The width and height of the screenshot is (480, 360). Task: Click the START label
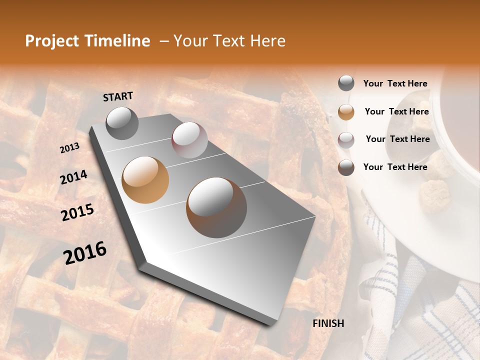pyautogui.click(x=118, y=96)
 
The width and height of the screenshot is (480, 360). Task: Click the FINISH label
pyautogui.click(x=328, y=323)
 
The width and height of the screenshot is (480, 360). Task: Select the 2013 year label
pyautogui.click(x=69, y=147)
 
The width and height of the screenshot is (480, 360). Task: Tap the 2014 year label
pyautogui.click(x=73, y=177)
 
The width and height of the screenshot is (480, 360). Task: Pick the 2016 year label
pyautogui.click(x=85, y=253)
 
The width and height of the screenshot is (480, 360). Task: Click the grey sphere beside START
pyautogui.click(x=122, y=123)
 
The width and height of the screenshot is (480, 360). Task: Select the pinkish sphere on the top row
pyautogui.click(x=189, y=140)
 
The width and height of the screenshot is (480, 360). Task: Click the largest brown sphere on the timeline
pyautogui.click(x=216, y=207)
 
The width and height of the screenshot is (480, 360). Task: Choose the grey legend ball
pyautogui.click(x=346, y=83)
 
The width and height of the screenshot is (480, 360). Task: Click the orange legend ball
pyautogui.click(x=346, y=111)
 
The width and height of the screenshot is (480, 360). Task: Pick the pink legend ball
pyautogui.click(x=346, y=139)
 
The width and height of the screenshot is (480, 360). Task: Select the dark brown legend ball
pyautogui.click(x=346, y=167)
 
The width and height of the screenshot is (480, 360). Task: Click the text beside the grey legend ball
pyautogui.click(x=395, y=83)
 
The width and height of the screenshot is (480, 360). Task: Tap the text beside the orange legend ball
pyautogui.click(x=396, y=111)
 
